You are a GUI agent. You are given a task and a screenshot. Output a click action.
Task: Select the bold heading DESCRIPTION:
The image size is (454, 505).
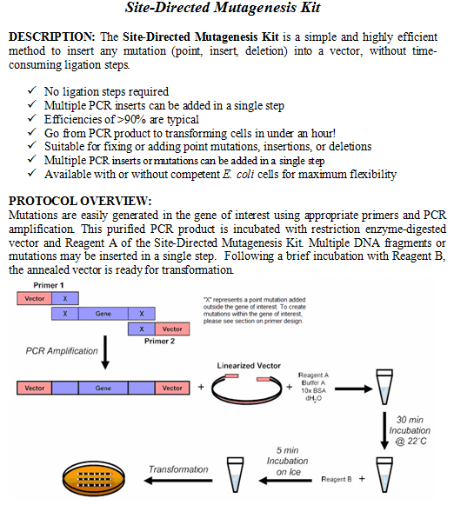tap(51, 37)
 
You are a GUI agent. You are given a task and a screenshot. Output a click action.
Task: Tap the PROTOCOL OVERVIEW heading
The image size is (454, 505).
tap(79, 201)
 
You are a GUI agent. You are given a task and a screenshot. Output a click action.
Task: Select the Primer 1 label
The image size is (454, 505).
tap(49, 285)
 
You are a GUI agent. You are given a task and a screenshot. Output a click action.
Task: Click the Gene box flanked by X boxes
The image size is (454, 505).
tap(103, 313)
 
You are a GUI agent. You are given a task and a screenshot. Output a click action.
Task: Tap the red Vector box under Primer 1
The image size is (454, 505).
tap(35, 298)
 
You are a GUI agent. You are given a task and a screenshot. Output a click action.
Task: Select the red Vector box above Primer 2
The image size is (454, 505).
tap(172, 329)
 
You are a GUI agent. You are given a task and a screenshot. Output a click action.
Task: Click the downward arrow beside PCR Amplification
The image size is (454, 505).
tap(106, 353)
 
